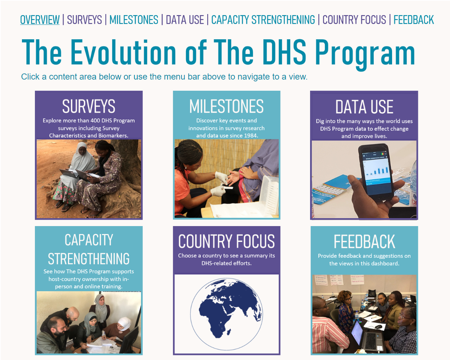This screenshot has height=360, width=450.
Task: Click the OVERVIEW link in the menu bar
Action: pos(40,20)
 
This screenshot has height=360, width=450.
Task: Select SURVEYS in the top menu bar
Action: pos(85,20)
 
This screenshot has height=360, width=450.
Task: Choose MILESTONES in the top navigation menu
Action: pos(134,20)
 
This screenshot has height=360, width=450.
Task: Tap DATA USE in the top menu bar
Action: pos(185,20)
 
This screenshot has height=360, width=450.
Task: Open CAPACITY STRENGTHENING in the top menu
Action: pos(263,20)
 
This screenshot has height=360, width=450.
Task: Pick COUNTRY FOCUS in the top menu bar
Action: pos(354,20)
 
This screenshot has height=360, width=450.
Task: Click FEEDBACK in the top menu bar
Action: pos(414,20)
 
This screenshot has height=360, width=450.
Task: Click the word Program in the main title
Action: pos(365,53)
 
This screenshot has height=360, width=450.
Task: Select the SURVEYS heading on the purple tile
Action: pos(88,107)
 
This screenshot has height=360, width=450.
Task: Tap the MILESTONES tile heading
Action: pos(226,107)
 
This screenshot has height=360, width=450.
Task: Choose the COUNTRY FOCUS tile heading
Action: pos(226,242)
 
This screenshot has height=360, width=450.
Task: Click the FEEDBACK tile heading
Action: pos(364,242)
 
